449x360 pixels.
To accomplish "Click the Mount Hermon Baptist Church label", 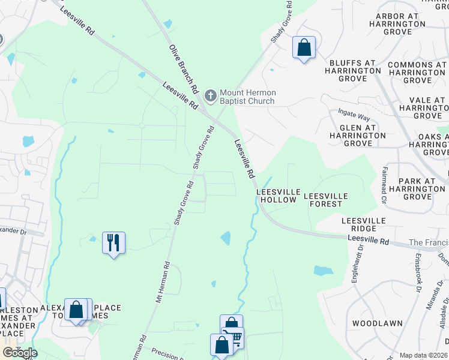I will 247,97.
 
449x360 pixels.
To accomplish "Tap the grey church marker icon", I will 211,95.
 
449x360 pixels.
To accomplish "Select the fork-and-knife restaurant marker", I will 113,243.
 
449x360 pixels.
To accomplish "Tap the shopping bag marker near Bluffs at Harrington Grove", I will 304,47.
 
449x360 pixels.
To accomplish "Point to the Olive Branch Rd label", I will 184,68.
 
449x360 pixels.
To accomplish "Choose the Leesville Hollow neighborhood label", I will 277,196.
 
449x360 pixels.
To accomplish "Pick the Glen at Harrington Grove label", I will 358,136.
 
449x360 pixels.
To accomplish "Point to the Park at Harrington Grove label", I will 417,188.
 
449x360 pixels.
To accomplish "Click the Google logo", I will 20,353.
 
